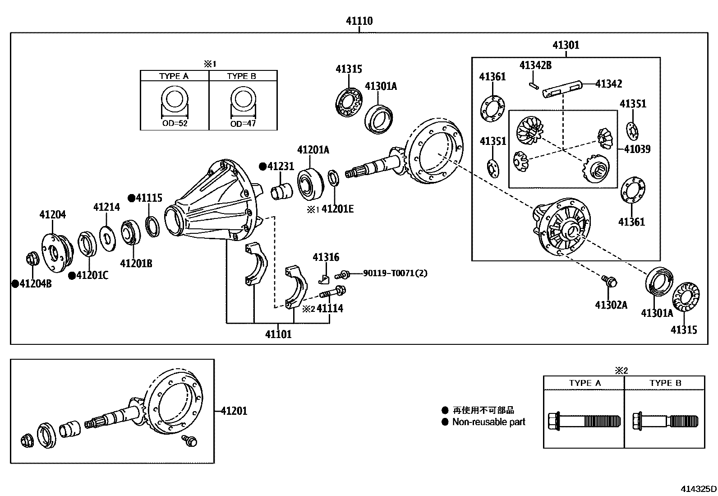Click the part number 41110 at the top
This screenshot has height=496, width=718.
pyautogui.click(x=359, y=21)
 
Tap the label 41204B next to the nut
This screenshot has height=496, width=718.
pyautogui.click(x=34, y=284)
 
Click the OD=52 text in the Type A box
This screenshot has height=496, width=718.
pyautogui.click(x=175, y=123)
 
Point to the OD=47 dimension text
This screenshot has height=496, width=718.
pyautogui.click(x=243, y=123)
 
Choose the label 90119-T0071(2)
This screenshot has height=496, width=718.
pyautogui.click(x=395, y=273)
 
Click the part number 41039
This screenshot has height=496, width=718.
pyautogui.click(x=637, y=149)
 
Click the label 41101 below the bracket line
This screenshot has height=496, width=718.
pyautogui.click(x=278, y=334)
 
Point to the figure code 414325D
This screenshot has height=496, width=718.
pyautogui.click(x=698, y=489)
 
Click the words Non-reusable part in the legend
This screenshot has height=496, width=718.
pyautogui.click(x=489, y=422)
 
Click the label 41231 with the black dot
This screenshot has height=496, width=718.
pyautogui.click(x=280, y=167)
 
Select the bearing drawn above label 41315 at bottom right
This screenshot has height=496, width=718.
pyautogui.click(x=686, y=297)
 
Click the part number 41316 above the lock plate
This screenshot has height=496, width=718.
pyautogui.click(x=326, y=257)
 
